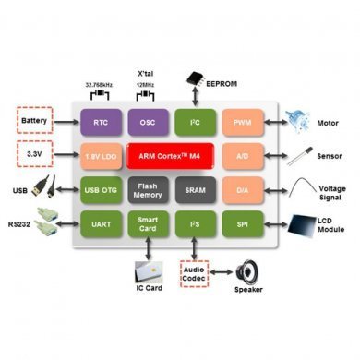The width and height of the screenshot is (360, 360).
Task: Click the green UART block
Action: click(102, 223)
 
